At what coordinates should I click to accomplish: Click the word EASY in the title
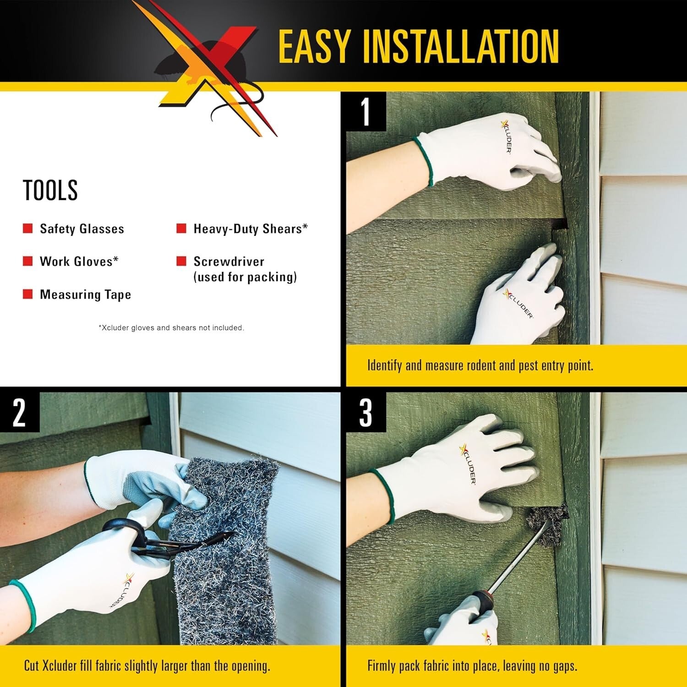coord(314,46)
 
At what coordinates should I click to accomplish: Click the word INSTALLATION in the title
coord(460,46)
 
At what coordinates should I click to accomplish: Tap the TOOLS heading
coord(50,190)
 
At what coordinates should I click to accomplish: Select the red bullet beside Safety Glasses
coord(28,229)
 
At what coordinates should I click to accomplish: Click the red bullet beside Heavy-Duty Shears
coord(181,229)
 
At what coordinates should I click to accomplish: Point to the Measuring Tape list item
coord(85,294)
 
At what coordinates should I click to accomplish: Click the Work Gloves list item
coord(79,262)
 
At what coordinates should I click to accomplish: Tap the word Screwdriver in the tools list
coord(229,262)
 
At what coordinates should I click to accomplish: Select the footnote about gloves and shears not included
coord(171,328)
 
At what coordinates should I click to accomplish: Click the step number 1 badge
coord(365,111)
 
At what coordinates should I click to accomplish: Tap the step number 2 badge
coord(19,412)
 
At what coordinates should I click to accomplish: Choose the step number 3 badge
coord(365,412)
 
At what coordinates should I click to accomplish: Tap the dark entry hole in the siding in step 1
coord(560,224)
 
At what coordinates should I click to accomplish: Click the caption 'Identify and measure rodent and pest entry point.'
coord(480,365)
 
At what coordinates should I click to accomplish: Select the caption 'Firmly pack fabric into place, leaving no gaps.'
coord(472,666)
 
